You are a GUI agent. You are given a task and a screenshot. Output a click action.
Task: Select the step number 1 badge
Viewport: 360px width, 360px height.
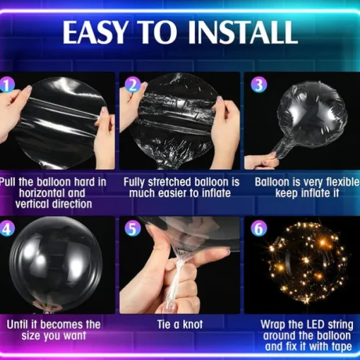click(7, 85)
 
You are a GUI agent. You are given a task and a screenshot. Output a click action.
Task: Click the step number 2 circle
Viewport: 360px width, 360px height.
click(133, 85)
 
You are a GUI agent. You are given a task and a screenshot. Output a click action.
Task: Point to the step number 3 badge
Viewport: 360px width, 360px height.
click(259, 85)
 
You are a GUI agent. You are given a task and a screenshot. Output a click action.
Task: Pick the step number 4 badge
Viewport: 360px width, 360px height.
click(7, 229)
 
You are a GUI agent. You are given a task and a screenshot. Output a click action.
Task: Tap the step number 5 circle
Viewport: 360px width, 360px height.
click(133, 229)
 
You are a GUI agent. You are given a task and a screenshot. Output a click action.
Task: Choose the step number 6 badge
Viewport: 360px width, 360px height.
click(259, 229)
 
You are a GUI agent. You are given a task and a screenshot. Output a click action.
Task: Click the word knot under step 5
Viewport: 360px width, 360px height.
click(193, 325)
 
